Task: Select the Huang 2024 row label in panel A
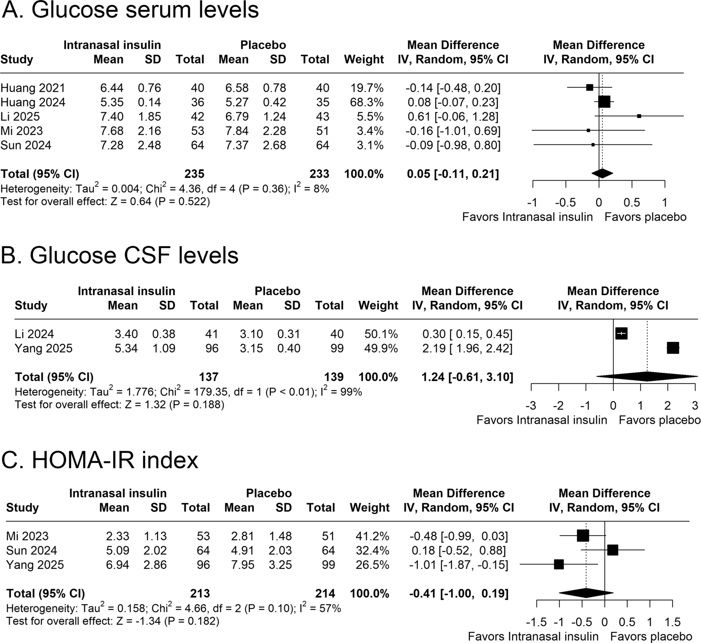33,102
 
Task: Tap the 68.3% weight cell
367,102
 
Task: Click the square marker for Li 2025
639,116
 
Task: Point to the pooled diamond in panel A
602,174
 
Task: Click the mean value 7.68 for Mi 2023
112,131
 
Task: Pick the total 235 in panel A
194,174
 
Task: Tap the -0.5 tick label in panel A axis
565,202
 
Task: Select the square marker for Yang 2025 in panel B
673,348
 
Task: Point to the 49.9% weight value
381,348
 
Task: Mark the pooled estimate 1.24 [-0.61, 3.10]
467,377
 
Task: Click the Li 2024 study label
34,334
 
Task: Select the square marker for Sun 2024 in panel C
613,550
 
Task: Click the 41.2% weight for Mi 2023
372,536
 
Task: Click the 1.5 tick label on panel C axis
672,622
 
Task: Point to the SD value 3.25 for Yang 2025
280,565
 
